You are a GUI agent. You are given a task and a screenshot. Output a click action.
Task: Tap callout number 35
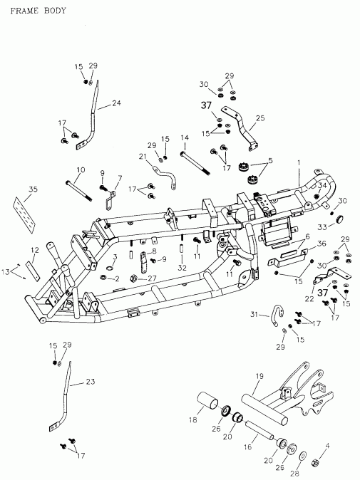tap(32, 189)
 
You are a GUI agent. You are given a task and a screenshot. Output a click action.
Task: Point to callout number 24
tap(116, 103)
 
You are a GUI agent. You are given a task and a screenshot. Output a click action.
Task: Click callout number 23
tap(90, 381)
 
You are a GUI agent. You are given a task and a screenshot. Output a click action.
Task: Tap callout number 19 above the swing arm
tap(259, 376)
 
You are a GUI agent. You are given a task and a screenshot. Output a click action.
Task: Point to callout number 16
tap(248, 447)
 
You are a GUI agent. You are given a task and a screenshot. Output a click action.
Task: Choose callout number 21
tap(142, 156)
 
